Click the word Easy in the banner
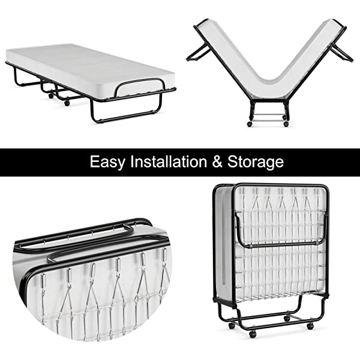pos(107,161)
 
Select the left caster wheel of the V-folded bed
pos(250,124)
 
